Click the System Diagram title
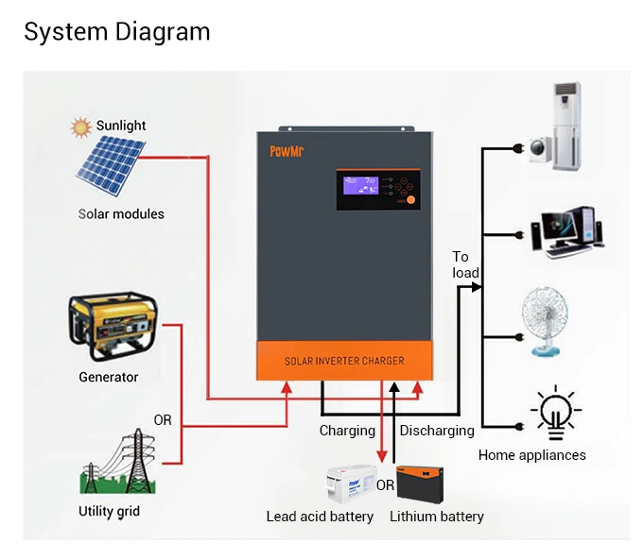coord(116,31)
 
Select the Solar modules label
coord(121,214)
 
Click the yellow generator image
coord(112,328)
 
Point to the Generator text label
coord(108,378)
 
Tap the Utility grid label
coord(109,512)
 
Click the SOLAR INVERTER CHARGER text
coord(344,361)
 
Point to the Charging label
coord(347,431)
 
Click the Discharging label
coord(437,431)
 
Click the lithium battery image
coord(427,484)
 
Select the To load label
coord(465,264)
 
